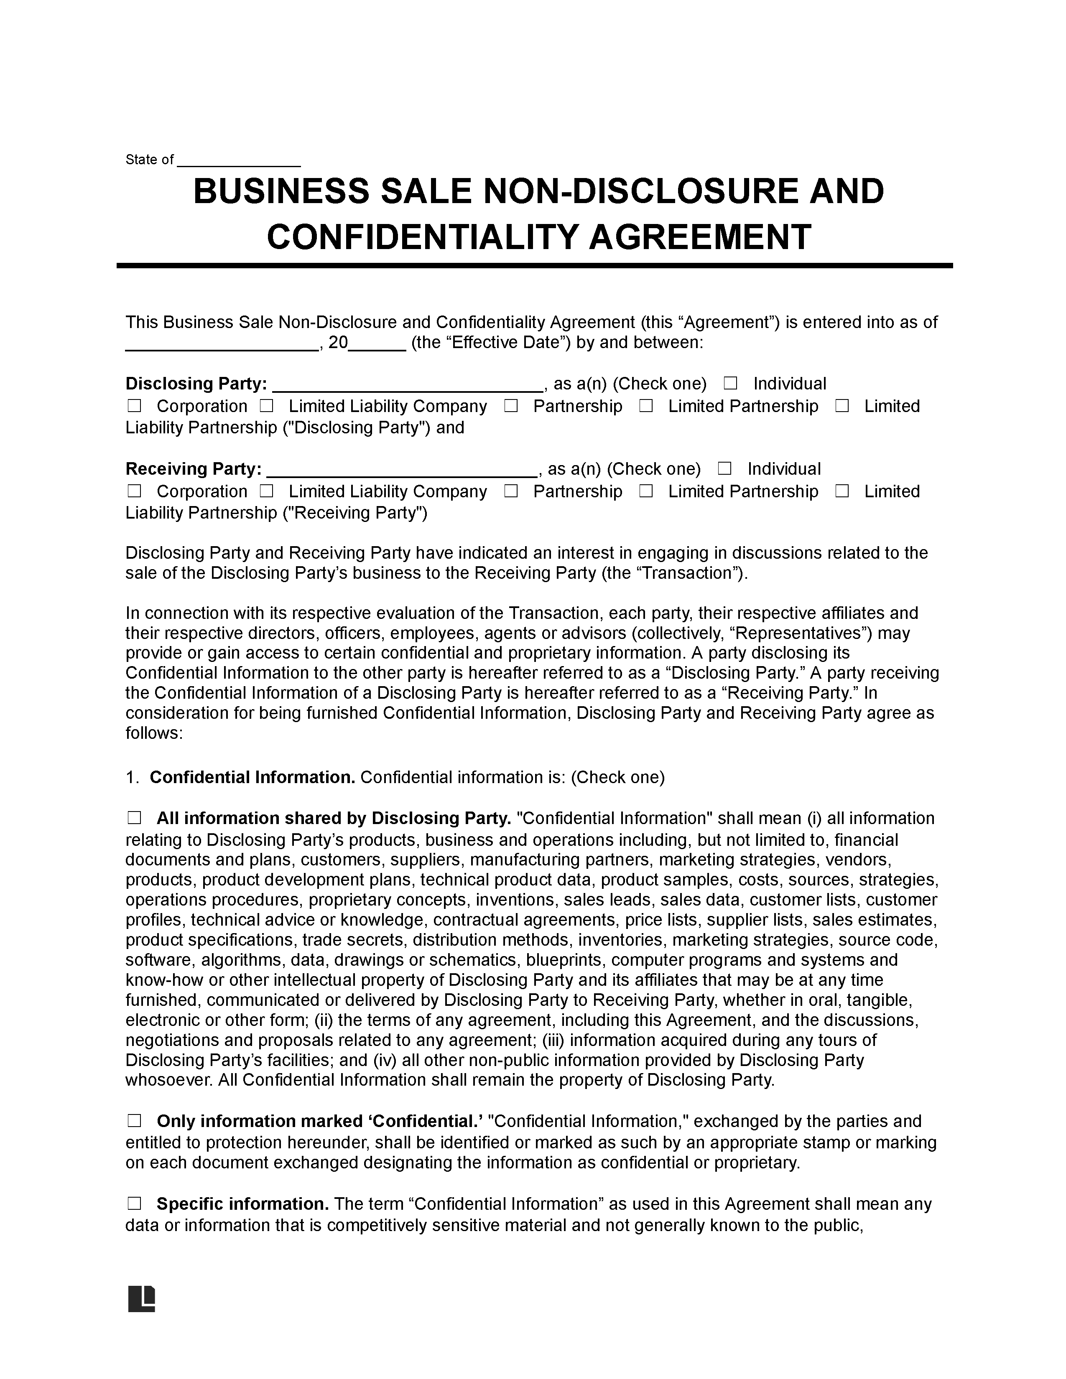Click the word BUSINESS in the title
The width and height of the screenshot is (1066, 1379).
click(281, 191)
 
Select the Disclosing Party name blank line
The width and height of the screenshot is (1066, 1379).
click(406, 386)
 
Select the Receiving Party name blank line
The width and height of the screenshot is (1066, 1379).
click(402, 471)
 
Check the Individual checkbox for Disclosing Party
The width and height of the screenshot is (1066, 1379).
click(730, 383)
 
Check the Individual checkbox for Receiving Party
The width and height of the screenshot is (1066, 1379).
click(724, 468)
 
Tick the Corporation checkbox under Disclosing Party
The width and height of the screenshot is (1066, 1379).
click(134, 406)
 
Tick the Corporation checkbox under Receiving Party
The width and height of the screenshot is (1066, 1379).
click(134, 491)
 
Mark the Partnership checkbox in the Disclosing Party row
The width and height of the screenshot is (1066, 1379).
click(511, 406)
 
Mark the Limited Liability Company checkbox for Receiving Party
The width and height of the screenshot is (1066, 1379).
click(267, 491)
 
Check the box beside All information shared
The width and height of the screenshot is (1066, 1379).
click(134, 818)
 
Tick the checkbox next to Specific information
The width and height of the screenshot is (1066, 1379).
click(134, 1204)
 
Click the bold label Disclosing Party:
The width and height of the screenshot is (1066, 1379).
click(196, 384)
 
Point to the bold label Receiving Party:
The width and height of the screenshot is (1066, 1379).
click(193, 469)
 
